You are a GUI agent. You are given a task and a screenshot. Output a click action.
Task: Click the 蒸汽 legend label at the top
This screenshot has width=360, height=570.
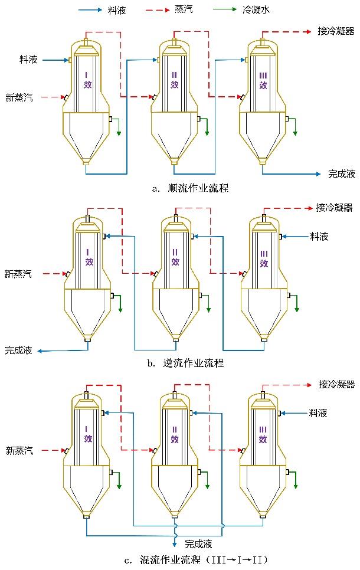tap(184, 10)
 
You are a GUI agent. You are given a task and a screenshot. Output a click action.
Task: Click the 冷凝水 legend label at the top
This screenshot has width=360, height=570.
tap(258, 10)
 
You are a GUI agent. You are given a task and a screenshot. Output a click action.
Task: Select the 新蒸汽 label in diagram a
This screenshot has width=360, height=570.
tap(19, 97)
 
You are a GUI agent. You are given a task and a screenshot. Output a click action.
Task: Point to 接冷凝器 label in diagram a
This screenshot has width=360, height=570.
tap(336, 31)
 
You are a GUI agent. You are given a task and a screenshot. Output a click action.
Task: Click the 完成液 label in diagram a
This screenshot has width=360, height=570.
tap(342, 174)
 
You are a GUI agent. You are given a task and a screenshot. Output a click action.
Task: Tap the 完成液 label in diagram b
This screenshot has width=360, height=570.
tap(19, 350)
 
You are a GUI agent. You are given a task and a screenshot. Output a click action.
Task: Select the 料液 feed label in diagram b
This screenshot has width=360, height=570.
tap(319, 236)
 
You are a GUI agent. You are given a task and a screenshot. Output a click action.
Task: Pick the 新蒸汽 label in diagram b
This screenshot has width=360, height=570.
tap(19, 273)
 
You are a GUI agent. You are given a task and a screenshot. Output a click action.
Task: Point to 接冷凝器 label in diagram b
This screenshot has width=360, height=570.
tap(334, 208)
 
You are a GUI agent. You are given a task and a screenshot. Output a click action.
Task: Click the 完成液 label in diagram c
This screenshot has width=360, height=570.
tap(198, 543)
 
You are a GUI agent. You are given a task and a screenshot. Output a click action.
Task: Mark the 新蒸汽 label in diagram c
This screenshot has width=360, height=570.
tap(19, 451)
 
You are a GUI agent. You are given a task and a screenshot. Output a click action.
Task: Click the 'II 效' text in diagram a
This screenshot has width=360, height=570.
tap(175, 80)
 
